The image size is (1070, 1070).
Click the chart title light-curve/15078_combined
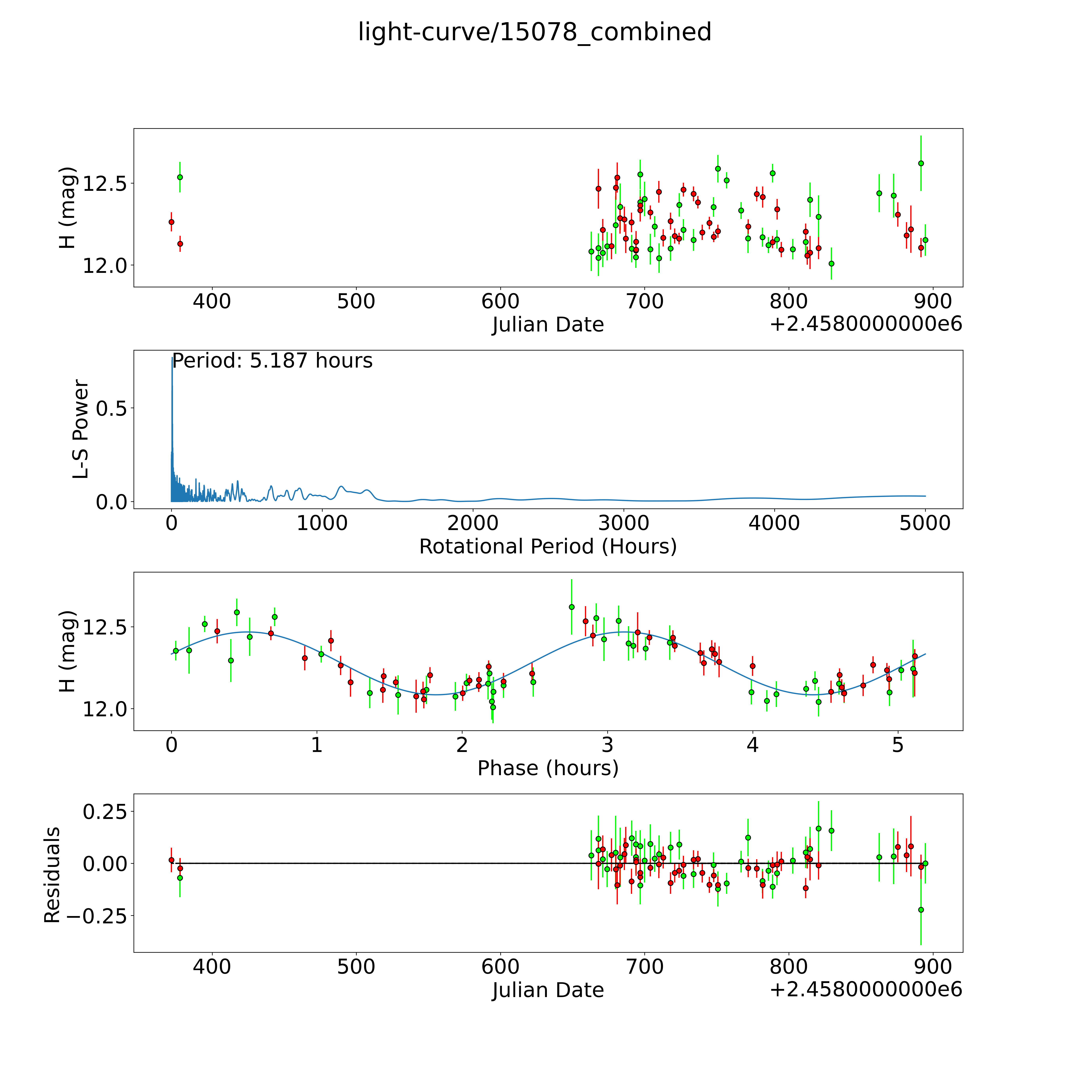(534, 32)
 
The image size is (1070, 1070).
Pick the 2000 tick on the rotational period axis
(472, 523)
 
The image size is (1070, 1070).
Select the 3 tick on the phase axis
(607, 745)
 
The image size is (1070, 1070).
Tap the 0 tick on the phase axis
(172, 745)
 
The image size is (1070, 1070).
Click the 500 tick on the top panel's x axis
(356, 302)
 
